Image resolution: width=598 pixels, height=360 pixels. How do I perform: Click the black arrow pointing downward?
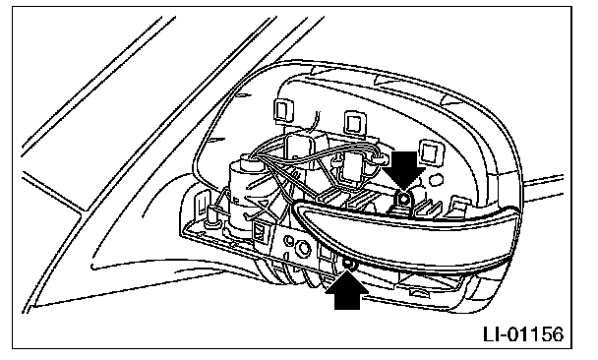tap(403, 168)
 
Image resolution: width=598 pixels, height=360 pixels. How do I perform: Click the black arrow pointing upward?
tap(346, 290)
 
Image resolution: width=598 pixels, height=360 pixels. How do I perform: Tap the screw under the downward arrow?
tap(403, 198)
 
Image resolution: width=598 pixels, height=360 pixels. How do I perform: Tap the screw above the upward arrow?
tap(348, 264)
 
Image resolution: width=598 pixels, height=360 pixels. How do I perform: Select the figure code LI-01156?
tap(523, 334)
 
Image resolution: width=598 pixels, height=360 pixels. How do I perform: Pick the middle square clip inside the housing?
tap(353, 123)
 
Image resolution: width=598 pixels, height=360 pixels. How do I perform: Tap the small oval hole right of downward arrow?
tap(438, 180)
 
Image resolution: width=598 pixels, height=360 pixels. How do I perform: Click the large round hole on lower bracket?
tap(304, 248)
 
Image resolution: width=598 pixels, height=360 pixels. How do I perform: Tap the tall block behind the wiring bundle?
tap(301, 149)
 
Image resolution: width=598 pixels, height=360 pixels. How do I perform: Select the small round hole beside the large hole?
tap(290, 241)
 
